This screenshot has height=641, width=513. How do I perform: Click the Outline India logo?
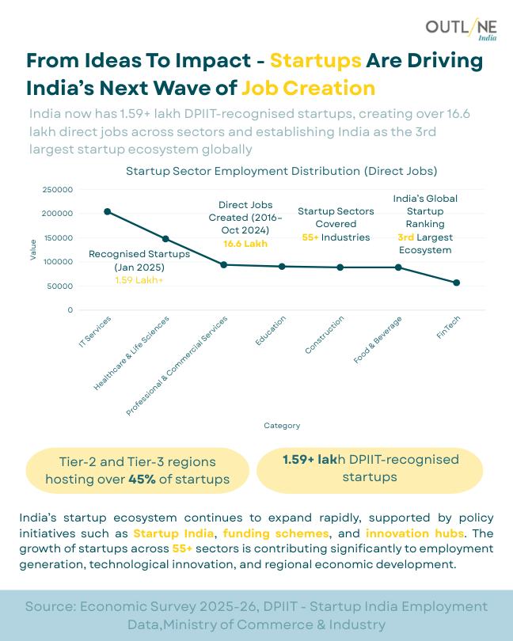tap(461, 29)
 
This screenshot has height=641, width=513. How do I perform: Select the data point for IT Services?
tap(108, 211)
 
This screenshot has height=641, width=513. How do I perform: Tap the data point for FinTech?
tap(456, 283)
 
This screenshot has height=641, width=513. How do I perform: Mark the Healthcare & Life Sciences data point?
tap(165, 238)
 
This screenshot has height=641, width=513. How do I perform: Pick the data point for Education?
tap(282, 267)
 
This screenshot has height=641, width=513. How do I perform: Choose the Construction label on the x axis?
tap(325, 336)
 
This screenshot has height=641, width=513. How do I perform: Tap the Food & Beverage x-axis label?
tap(378, 339)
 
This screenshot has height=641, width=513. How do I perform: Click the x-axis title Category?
tap(282, 426)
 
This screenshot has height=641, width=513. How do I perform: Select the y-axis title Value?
tap(33, 250)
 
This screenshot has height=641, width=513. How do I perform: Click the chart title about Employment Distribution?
tap(282, 171)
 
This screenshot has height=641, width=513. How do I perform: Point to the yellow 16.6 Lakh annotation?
tap(245, 244)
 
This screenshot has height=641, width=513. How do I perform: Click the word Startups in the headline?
tap(316, 62)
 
